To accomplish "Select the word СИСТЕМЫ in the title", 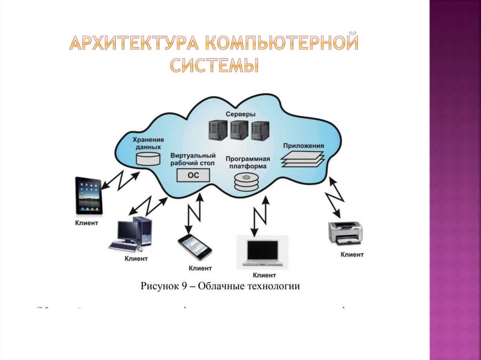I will coord(214,65).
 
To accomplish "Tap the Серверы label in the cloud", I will coord(240,115).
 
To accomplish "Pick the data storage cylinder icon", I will coord(147,159).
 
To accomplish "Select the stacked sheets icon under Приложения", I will coord(303,159).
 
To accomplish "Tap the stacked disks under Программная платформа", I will coord(246,182).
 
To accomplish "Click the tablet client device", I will coord(89,196).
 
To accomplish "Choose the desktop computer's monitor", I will coord(128,230).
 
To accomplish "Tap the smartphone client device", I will coord(194,247).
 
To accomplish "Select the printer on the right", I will coord(346,232).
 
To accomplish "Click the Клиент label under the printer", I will coord(352,254).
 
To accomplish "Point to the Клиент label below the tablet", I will coord(87,223).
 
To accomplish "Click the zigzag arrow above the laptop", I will coord(260,215).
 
